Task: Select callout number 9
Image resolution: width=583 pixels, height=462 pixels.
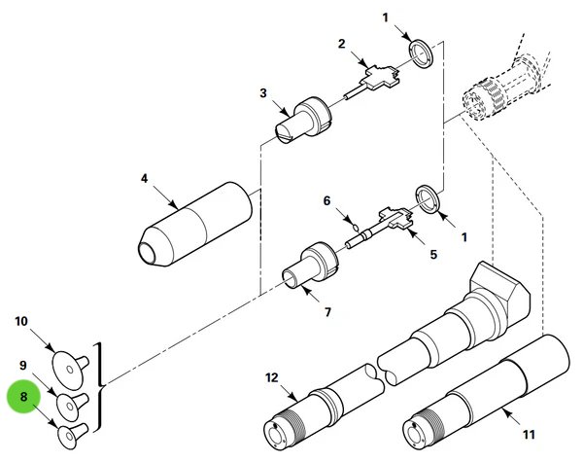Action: (x=23, y=365)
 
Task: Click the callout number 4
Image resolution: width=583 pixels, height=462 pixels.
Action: (x=144, y=179)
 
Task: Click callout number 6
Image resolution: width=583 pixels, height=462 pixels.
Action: (x=327, y=200)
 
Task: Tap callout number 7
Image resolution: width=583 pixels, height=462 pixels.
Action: (x=327, y=312)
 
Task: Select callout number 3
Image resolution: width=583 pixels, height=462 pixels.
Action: (x=262, y=93)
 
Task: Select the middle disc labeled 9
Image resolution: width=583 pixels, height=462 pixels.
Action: (x=71, y=402)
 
